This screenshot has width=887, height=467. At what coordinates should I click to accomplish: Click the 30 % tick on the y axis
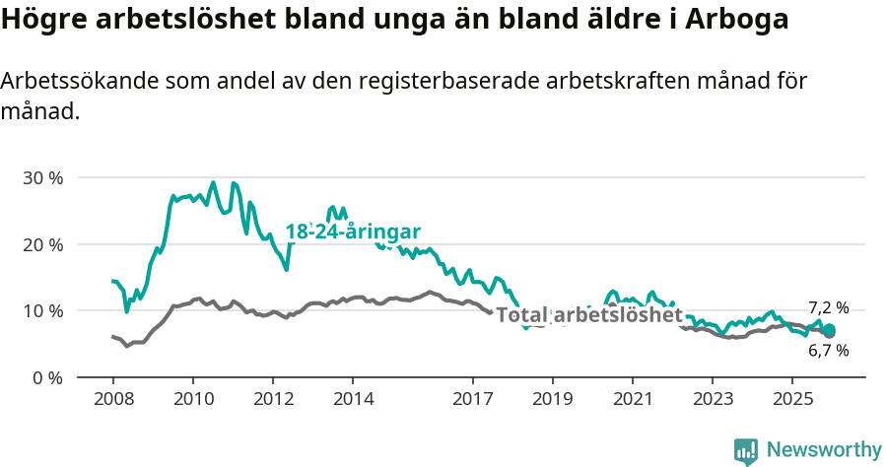42,178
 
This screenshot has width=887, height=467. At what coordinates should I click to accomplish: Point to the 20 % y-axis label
42,244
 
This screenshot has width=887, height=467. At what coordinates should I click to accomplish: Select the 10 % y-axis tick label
42,311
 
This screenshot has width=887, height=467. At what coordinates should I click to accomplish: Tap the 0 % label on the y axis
47,377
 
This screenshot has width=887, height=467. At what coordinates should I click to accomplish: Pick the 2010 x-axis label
193,401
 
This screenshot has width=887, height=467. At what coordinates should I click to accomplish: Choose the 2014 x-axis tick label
354,401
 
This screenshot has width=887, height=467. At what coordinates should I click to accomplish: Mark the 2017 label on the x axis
473,401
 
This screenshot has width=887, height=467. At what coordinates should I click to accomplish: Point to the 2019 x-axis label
553,401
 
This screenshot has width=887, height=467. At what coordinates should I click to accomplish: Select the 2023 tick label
714,401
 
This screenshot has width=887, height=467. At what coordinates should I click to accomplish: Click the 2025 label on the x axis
793,401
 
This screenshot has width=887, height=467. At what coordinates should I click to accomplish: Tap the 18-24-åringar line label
353,233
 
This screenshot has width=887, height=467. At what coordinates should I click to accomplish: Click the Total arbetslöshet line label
588,315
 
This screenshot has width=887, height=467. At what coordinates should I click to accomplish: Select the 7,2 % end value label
828,307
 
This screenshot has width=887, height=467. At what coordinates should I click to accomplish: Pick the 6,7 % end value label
828,350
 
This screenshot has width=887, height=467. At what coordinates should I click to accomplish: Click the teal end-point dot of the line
829,330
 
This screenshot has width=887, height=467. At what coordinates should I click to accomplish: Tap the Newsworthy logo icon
746,450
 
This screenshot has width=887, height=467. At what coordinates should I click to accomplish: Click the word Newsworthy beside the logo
823,450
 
